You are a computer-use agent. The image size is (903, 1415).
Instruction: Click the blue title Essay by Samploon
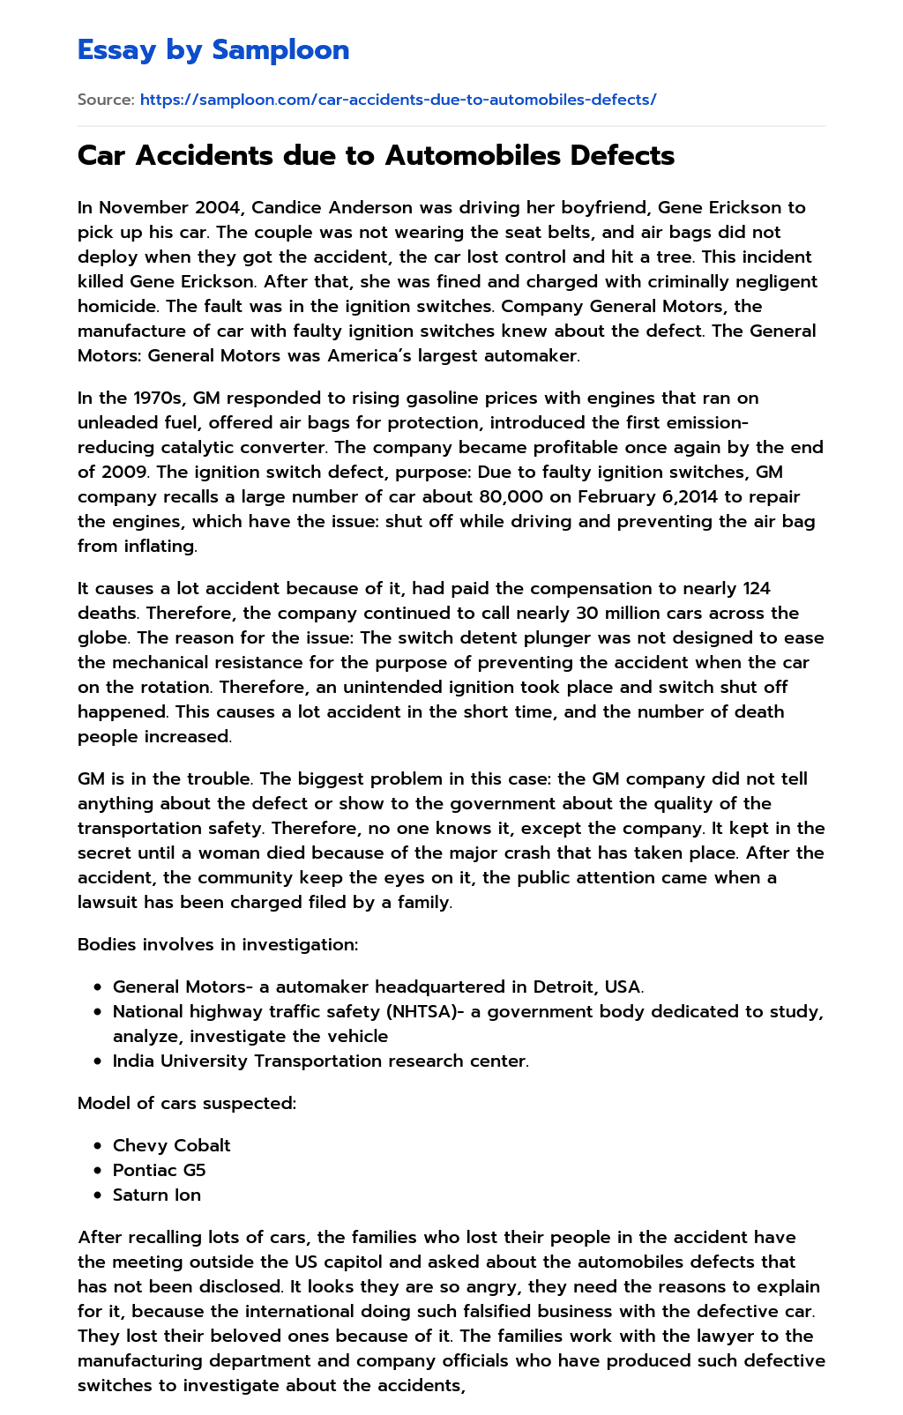pyautogui.click(x=213, y=50)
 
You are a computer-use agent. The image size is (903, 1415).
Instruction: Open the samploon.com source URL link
pyautogui.click(x=398, y=100)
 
